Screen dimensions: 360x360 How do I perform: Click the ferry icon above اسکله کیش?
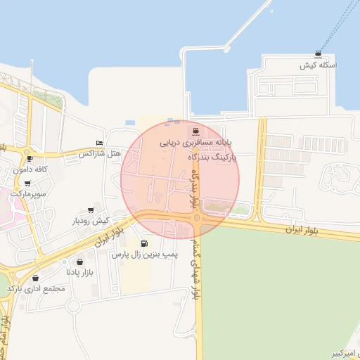(320, 54)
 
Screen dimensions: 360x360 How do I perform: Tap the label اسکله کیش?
(319, 65)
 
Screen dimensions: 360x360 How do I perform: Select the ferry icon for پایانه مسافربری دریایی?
(194, 131)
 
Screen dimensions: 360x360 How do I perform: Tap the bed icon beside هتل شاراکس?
(99, 142)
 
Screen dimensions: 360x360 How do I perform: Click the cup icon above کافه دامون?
(29, 158)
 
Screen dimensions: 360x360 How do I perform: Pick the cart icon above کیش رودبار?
(91, 210)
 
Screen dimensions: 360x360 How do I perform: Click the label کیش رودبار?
(91, 221)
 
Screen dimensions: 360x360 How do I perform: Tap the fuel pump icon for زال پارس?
(145, 244)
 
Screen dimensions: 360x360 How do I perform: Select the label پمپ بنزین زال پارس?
(146, 254)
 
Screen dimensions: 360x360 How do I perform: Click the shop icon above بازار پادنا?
(70, 262)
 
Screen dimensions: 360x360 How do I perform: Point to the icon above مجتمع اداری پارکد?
(36, 278)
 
